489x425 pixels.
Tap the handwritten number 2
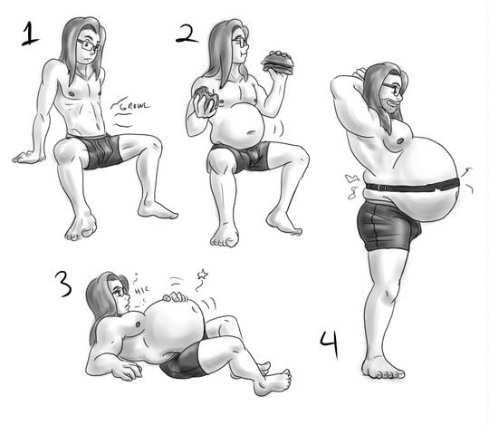click(x=187, y=34)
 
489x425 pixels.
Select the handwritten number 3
click(x=63, y=284)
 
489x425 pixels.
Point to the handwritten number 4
click(x=330, y=345)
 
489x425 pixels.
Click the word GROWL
click(x=135, y=106)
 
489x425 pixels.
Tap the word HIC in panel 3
click(x=141, y=291)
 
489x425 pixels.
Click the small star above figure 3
click(x=203, y=275)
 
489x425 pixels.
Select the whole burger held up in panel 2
click(x=277, y=63)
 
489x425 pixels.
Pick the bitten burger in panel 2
click(x=206, y=101)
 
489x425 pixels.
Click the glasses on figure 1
click(x=89, y=45)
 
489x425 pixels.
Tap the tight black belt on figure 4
click(x=413, y=188)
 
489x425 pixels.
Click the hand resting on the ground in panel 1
click(x=27, y=157)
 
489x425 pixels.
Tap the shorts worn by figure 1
click(x=97, y=150)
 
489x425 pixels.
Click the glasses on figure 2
click(x=241, y=42)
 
